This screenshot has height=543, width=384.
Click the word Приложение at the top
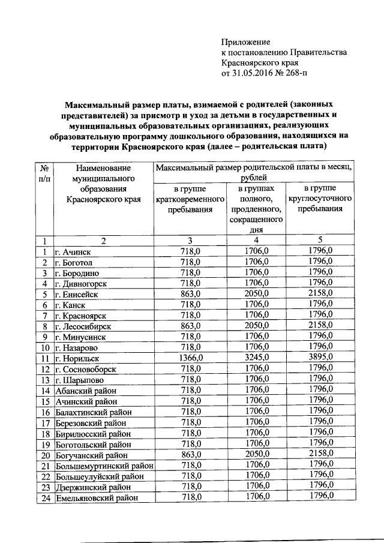(x=246, y=42)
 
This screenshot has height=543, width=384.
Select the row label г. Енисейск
(x=76, y=294)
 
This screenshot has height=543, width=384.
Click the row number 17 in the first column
(x=44, y=422)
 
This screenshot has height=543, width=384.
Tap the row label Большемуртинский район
(x=104, y=465)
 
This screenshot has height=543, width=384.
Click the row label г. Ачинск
(x=73, y=251)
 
